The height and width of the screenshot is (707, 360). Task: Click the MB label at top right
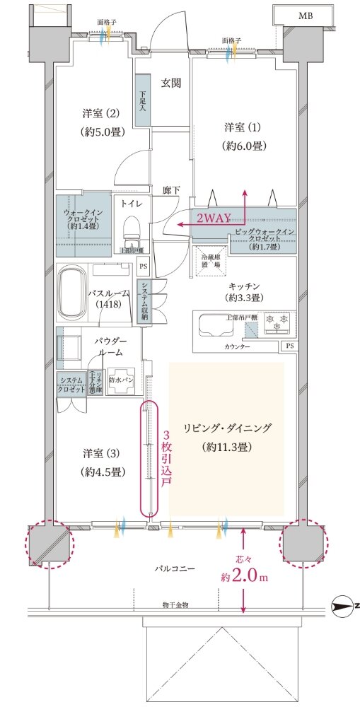click(x=305, y=16)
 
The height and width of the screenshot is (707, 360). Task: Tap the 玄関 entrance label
click(x=170, y=83)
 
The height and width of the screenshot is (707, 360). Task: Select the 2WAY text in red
click(x=214, y=219)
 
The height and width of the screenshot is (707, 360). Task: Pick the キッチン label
click(x=244, y=285)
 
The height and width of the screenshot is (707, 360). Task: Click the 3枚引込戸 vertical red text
click(x=166, y=458)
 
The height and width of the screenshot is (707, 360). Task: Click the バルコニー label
click(x=177, y=568)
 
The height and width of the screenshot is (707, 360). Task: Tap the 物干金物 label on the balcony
click(x=177, y=605)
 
